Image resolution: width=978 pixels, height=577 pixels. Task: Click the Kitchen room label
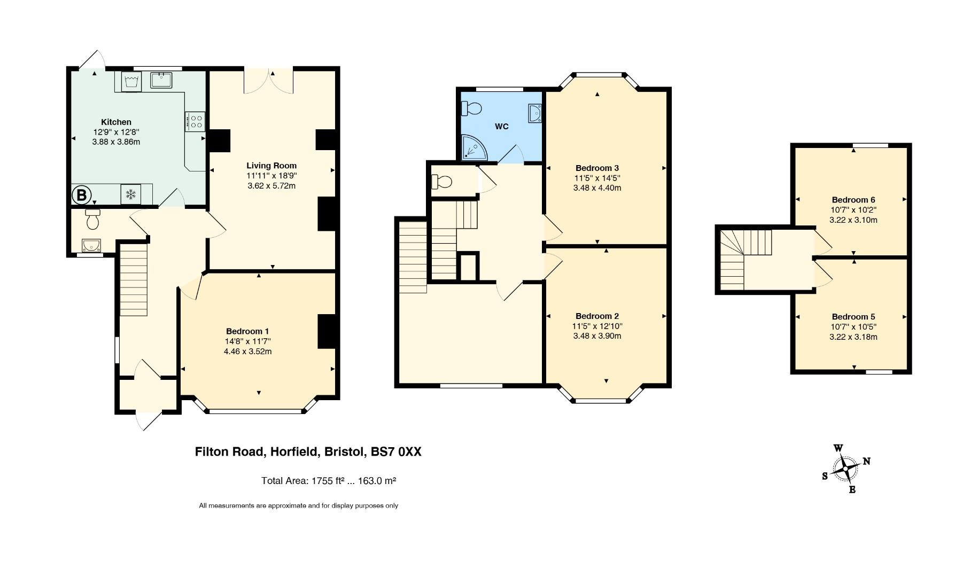[116, 122]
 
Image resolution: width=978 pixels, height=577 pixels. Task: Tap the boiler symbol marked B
[81, 194]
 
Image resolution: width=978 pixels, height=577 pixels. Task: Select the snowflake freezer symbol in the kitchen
[130, 194]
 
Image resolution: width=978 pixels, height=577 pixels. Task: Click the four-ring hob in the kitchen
[195, 121]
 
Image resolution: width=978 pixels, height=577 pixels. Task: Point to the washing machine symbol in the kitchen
[131, 82]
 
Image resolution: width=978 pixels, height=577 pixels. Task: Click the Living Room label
[271, 166]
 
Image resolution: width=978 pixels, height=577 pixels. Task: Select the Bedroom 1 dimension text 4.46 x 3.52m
[248, 352]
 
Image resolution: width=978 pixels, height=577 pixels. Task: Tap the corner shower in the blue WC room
[475, 147]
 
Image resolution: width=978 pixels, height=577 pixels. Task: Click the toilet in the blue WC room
[471, 108]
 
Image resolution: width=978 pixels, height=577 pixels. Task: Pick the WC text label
[502, 127]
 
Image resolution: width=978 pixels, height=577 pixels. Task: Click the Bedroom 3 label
[597, 168]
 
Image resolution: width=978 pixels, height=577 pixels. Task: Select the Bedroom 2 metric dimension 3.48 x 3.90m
[597, 336]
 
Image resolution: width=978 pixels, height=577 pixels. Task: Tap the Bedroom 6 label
[853, 200]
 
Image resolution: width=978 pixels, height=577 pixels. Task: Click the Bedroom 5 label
[853, 317]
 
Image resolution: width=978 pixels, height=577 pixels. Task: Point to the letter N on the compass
[866, 461]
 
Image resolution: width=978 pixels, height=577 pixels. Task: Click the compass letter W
[839, 448]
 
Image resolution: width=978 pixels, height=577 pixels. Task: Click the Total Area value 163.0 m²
[377, 480]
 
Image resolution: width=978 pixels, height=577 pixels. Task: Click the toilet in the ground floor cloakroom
[92, 218]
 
